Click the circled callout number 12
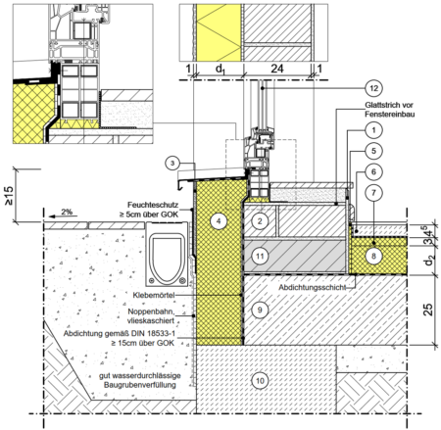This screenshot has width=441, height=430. point(373,88)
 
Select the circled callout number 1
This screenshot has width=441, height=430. point(373,130)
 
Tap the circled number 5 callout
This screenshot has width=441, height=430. point(373,151)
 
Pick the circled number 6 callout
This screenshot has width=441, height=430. point(373,171)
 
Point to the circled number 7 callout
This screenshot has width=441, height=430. point(373,193)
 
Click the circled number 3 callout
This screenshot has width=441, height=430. point(172,163)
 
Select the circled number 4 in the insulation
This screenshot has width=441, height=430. point(219,221)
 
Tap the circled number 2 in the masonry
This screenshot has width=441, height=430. point(260,221)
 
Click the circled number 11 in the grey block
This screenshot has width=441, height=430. point(260,257)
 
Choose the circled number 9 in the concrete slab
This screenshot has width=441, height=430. point(260,310)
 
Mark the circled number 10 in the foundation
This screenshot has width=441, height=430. point(260,381)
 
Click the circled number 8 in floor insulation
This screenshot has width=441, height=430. point(373,256)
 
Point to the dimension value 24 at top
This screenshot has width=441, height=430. point(277,69)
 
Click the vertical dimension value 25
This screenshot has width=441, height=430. point(428,310)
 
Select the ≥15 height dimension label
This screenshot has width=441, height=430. point(9,196)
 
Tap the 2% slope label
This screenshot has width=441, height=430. point(67,212)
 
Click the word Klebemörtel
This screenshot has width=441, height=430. point(154,295)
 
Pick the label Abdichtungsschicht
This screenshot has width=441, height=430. point(312,287)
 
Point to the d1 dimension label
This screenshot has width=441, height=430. point(220,70)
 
